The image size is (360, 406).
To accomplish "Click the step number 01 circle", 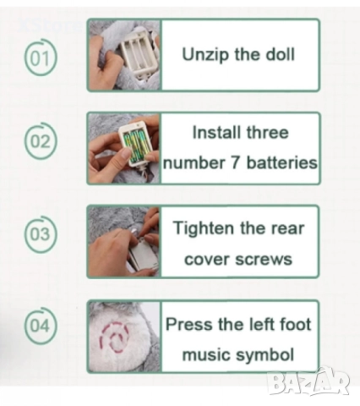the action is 41,58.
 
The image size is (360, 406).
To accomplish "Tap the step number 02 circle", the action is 41,140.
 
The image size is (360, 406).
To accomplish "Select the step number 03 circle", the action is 41,234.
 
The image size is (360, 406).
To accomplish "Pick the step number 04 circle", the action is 41,326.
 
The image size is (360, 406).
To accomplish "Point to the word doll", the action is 281,54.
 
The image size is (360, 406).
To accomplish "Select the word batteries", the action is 282,162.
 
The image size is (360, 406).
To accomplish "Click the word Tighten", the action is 205,228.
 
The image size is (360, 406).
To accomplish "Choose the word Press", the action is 188,324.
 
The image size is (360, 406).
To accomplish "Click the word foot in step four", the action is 295,324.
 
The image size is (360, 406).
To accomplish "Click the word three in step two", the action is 268,132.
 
